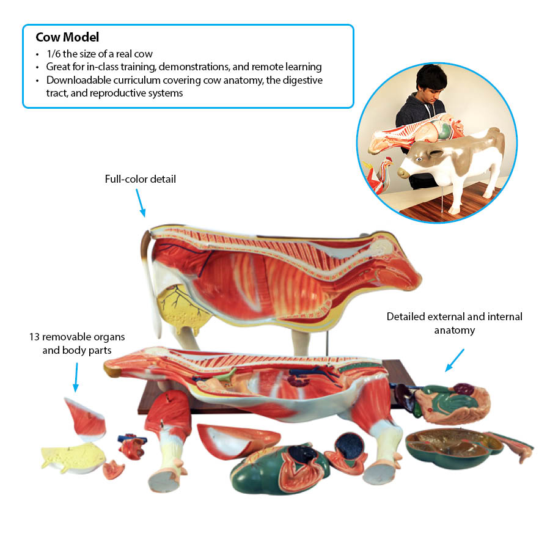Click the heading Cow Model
pyautogui.click(x=67, y=37)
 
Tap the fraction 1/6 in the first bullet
pyautogui.click(x=53, y=54)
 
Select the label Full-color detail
pyautogui.click(x=141, y=179)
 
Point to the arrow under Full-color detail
pyautogui.click(x=141, y=203)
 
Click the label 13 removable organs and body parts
pyautogui.click(x=77, y=343)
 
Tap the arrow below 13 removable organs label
pyautogui.click(x=76, y=377)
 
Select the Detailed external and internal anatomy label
pyautogui.click(x=454, y=323)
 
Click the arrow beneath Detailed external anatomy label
pyautogui.click(x=455, y=360)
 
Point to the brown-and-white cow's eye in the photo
pyautogui.click(x=419, y=159)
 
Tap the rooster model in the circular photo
pyautogui.click(x=379, y=175)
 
